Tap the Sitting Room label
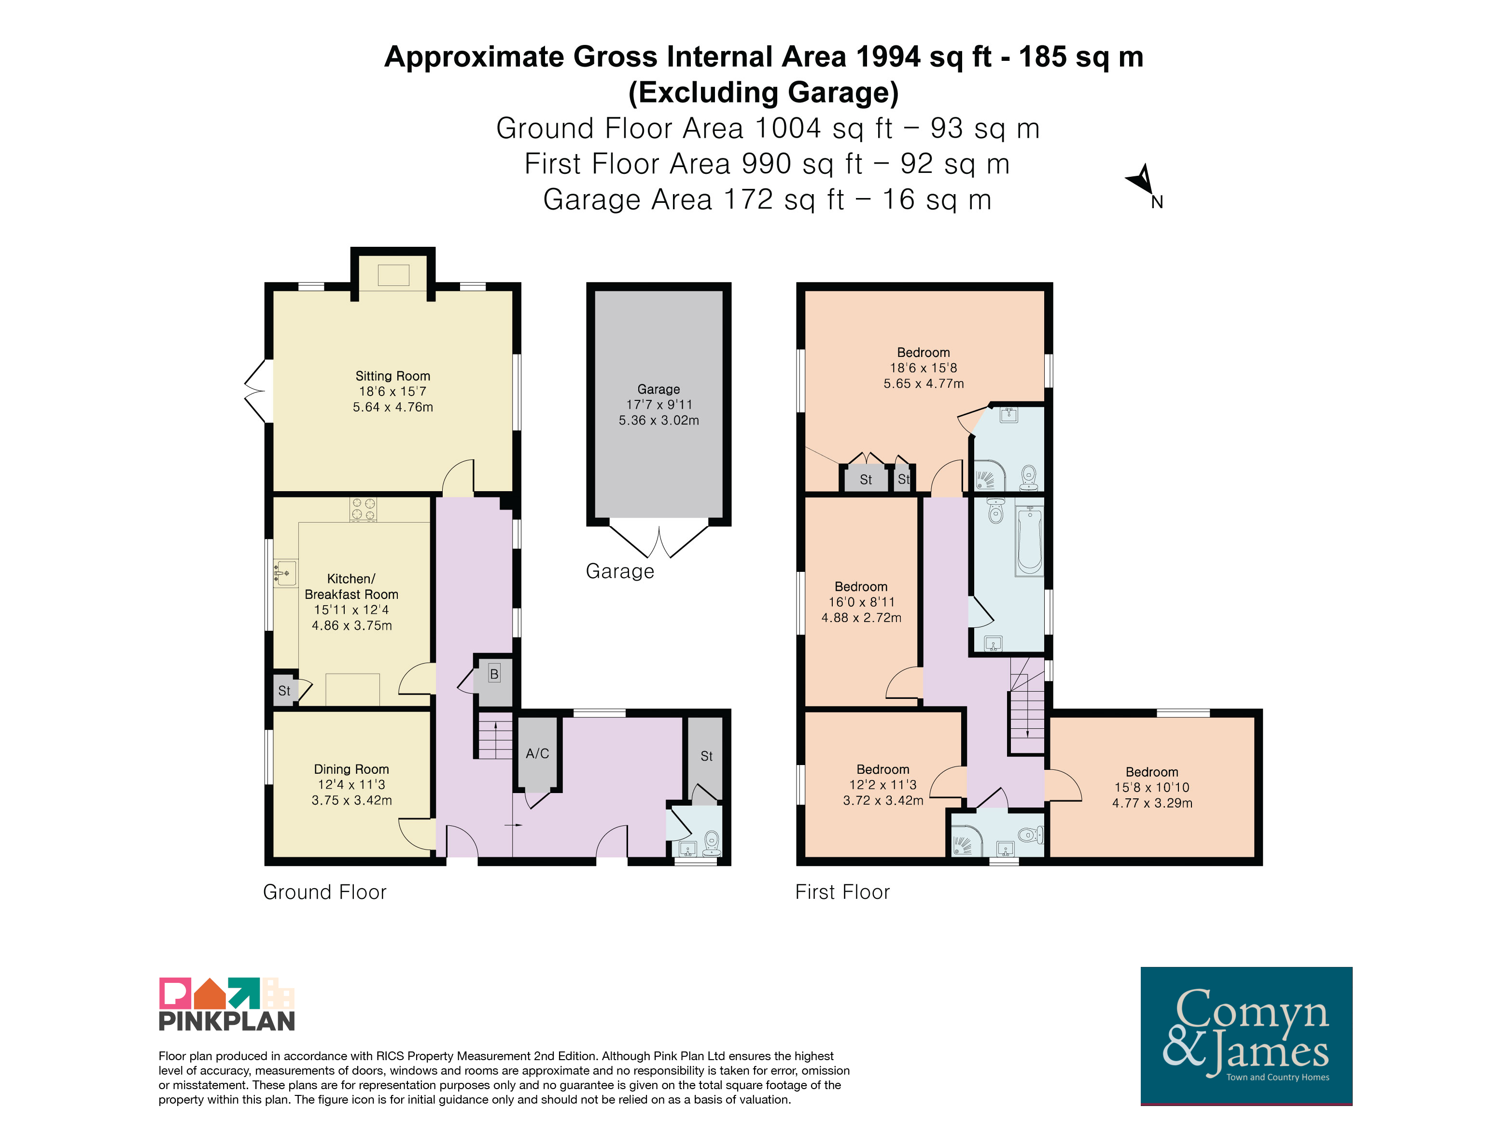(x=392, y=376)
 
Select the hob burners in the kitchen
(x=363, y=510)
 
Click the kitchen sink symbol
(x=285, y=573)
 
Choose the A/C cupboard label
(x=537, y=753)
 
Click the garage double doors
(x=659, y=540)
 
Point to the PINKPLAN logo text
(x=227, y=1021)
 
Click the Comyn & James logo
(x=1246, y=1035)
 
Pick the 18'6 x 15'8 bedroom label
(x=924, y=368)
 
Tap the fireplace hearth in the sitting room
(x=393, y=275)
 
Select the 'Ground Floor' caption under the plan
(x=325, y=892)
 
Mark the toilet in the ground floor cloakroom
(x=712, y=842)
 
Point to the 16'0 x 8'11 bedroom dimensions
(x=861, y=602)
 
